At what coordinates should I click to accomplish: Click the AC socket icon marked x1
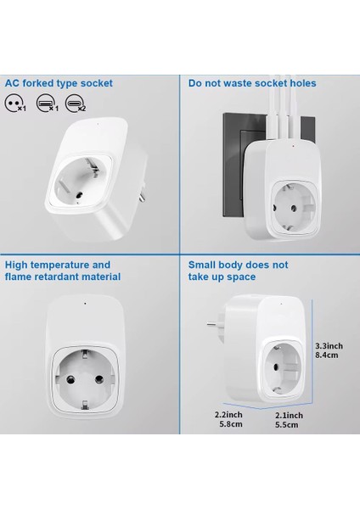click(13, 105)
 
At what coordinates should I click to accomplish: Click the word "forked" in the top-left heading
click(42, 83)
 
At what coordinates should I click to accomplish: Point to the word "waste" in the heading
click(242, 83)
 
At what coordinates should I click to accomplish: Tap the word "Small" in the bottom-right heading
click(205, 265)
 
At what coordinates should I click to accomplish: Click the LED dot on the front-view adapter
click(84, 303)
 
